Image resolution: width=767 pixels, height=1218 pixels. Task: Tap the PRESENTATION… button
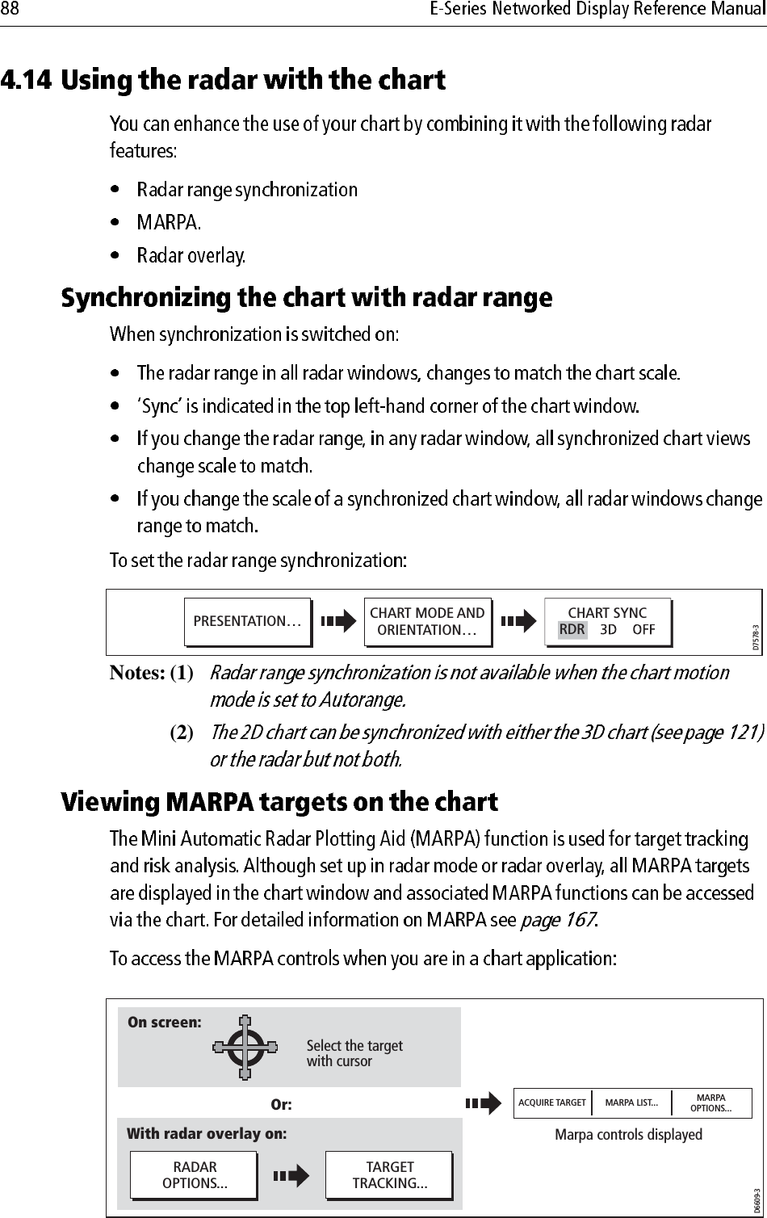click(247, 621)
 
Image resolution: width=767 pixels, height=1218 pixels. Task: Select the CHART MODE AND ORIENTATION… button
click(427, 621)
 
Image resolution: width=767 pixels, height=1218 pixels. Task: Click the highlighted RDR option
click(572, 630)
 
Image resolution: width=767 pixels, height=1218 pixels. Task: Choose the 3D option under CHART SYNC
click(609, 630)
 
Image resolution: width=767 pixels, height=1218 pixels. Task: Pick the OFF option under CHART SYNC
click(643, 630)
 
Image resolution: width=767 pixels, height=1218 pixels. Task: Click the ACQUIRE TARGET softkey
click(552, 1102)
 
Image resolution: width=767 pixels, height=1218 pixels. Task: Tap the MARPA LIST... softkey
click(631, 1102)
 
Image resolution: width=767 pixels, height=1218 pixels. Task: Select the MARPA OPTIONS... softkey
click(710, 1102)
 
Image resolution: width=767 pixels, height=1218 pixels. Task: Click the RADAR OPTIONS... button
click(195, 1175)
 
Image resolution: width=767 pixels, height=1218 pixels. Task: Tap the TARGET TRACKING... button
click(390, 1175)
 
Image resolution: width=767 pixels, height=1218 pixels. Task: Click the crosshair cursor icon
click(245, 1048)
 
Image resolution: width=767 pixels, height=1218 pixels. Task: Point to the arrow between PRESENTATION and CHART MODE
click(338, 622)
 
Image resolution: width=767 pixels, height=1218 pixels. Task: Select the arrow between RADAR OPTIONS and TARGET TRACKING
click(291, 1176)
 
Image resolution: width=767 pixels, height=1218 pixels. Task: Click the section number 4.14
click(27, 81)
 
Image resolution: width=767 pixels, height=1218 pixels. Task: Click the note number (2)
click(182, 733)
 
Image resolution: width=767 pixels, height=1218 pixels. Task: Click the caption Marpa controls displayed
click(628, 1135)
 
